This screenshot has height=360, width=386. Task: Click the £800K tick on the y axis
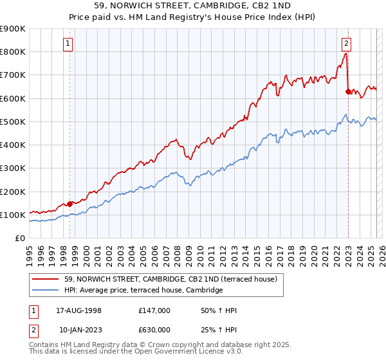point(13,51)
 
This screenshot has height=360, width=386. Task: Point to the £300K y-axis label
point(13,168)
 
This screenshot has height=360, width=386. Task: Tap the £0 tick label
point(19,239)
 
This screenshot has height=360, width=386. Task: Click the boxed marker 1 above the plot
point(68,44)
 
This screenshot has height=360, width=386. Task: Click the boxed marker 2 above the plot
point(346,44)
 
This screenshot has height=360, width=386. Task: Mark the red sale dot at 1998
point(70,204)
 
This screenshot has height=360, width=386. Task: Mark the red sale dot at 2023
point(348,91)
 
